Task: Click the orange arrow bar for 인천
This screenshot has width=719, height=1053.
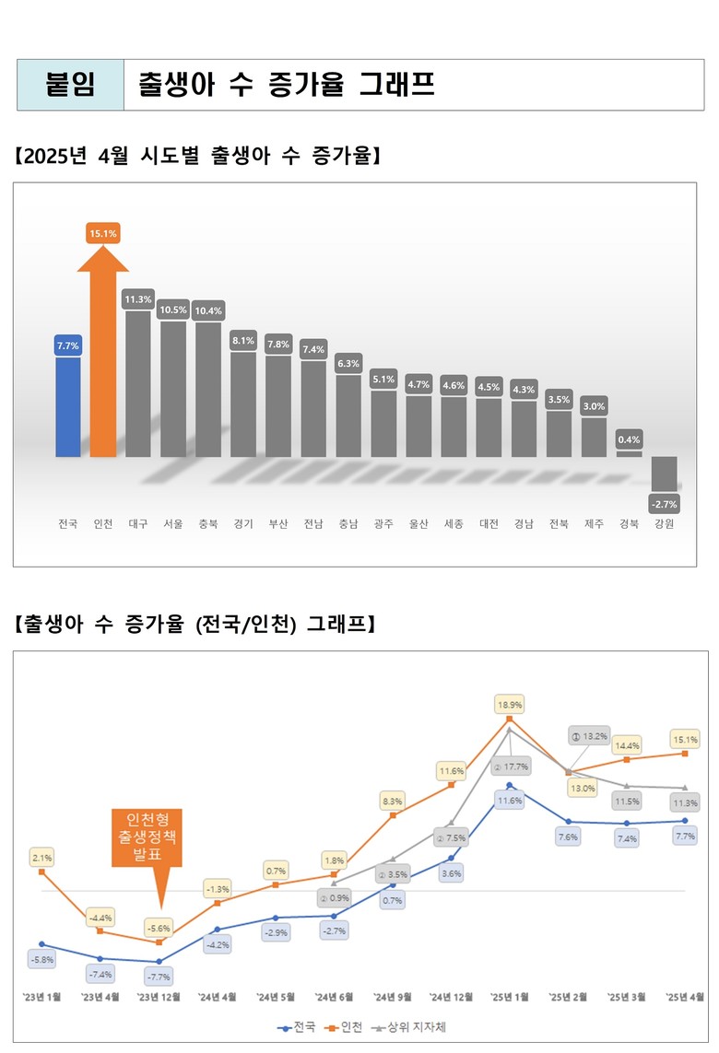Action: pos(102,359)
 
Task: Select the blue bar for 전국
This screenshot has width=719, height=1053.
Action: pos(68,406)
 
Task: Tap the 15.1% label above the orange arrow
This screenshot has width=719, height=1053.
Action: pos(102,234)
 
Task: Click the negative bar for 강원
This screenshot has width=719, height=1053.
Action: pos(665,474)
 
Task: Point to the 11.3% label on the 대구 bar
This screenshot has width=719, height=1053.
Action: pos(138,299)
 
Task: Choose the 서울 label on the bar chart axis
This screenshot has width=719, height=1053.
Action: pos(173,524)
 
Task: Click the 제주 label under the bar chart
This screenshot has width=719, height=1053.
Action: pos(595,524)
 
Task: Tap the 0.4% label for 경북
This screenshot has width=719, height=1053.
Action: pos(630,439)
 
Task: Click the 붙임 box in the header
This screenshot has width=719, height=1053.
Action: pos(71,86)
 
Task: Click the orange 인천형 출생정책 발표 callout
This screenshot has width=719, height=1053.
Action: pos(147,837)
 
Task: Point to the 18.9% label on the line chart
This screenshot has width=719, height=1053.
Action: pos(510,704)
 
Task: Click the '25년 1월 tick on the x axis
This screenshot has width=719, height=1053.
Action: pos(510,997)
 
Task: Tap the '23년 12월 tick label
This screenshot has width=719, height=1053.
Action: pos(159,997)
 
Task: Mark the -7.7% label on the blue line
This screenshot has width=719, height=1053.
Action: pos(159,976)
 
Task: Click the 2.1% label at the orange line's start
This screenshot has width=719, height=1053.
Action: pos(42,858)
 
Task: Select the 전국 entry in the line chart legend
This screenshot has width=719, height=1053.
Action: pos(298,1025)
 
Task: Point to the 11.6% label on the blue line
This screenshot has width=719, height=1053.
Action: pos(510,801)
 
